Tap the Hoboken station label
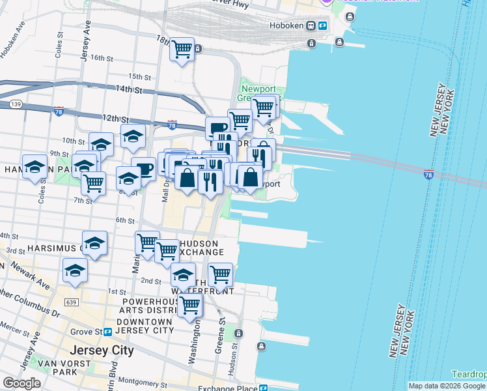click(287, 25)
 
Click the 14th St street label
click(128, 88)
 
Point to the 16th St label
click(102, 57)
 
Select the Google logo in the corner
click(21, 383)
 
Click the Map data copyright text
click(447, 386)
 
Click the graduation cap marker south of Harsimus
click(76, 270)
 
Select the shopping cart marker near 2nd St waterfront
click(221, 274)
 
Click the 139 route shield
click(16, 104)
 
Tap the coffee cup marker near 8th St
click(143, 169)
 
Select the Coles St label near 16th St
click(59, 42)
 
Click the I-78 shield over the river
click(428, 174)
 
